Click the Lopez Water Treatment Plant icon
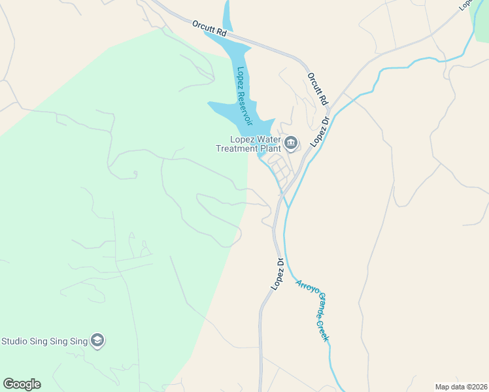(291, 142)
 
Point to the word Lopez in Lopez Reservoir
(240, 77)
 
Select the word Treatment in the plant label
(238, 148)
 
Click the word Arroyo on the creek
(305, 288)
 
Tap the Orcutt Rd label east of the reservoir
(317, 89)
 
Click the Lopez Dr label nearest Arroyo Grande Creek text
(277, 274)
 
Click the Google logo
(22, 384)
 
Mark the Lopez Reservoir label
(244, 92)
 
